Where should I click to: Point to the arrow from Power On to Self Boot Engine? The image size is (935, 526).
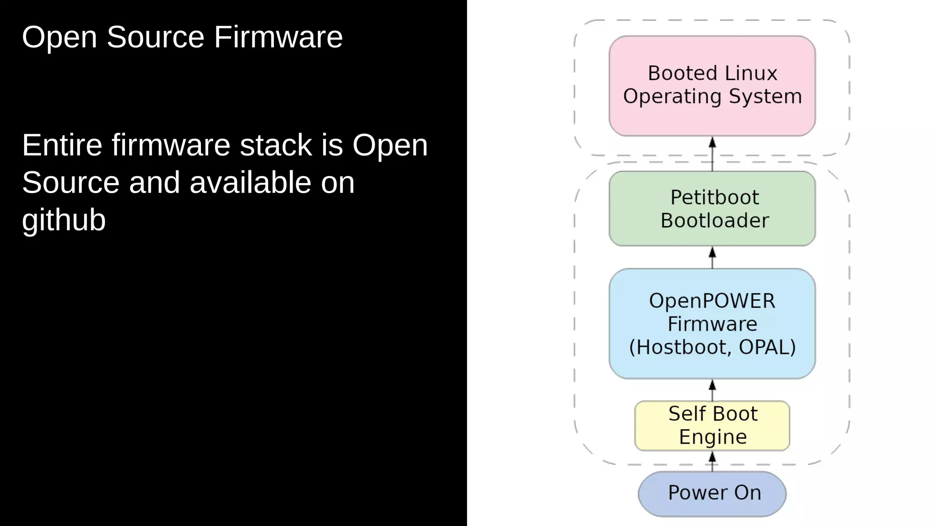point(712,461)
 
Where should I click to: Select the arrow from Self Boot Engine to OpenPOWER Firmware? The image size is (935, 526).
point(712,390)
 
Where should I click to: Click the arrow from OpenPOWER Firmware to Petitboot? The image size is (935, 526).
point(712,258)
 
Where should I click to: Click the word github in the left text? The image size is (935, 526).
point(64,220)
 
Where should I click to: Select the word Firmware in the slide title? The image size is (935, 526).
point(278,37)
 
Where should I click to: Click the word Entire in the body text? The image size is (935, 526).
point(62,145)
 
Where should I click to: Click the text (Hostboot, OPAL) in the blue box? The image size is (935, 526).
point(712,347)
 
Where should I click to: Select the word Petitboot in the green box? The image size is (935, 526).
point(714,197)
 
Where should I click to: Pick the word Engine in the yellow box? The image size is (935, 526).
point(713,437)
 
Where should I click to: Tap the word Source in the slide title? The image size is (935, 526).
point(155,37)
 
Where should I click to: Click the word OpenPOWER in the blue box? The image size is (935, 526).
point(712,301)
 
